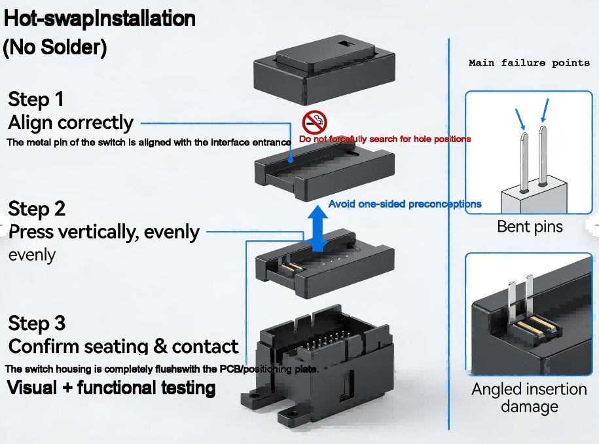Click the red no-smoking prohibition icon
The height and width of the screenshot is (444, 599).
[x=314, y=122]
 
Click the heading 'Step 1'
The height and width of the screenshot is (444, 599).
[x=36, y=100]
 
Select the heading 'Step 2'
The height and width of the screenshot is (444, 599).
[x=37, y=209]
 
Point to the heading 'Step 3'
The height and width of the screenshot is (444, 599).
[x=37, y=324]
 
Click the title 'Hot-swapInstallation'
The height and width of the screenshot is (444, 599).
[x=100, y=18]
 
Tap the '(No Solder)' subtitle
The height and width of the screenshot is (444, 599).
[x=55, y=47]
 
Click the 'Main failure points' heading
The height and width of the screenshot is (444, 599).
[x=529, y=64]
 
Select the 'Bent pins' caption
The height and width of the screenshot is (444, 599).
[x=530, y=227]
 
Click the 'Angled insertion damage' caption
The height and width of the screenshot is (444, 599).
[x=529, y=398]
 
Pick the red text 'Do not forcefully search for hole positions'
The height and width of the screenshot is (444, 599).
[x=385, y=139]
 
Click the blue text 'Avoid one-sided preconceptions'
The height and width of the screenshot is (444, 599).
[x=405, y=204]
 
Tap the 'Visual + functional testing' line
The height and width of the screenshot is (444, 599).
[x=111, y=388]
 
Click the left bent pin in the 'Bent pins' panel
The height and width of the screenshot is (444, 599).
[x=522, y=160]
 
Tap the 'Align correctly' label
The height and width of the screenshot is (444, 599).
[x=71, y=122]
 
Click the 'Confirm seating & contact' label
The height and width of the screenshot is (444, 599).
[x=124, y=346]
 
